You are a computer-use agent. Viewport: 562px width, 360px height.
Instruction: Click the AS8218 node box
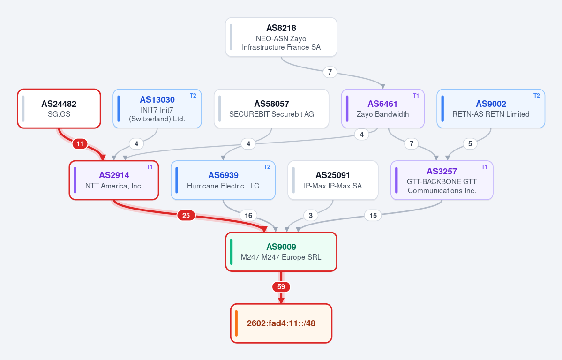coord(281,37)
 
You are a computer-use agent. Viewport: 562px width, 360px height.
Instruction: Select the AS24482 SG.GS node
coord(59,109)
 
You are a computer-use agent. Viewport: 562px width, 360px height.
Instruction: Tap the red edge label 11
coord(80,144)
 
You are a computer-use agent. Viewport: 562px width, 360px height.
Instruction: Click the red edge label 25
coord(186,216)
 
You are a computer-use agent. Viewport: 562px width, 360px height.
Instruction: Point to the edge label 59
coord(281,287)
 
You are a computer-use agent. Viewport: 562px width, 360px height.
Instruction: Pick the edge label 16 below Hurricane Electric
coord(248,216)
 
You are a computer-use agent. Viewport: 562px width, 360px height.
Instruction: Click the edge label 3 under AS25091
coord(311,216)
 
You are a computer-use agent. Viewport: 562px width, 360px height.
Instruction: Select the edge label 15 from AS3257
coord(373,216)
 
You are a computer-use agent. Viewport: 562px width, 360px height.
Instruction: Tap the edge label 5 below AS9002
coord(470,144)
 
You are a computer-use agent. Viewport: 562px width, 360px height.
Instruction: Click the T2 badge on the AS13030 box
coord(193,96)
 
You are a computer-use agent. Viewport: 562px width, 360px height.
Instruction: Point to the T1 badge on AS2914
coord(150,167)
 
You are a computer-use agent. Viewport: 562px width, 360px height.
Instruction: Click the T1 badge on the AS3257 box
coord(484,167)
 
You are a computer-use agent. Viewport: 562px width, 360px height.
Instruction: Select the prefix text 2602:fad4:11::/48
coord(281,323)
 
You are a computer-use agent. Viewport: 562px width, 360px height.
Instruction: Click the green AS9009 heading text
coord(281,247)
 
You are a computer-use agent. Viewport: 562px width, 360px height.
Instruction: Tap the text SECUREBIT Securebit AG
coord(271,114)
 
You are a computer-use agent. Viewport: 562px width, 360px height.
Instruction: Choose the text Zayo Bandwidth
coord(382,114)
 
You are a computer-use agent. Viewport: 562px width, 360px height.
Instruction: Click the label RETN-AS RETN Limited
coord(491,114)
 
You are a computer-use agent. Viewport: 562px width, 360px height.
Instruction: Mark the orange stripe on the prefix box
coord(237,323)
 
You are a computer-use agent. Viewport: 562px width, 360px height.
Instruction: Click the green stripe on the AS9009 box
coord(232,252)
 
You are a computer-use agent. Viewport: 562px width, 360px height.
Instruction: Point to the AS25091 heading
coord(333,175)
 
